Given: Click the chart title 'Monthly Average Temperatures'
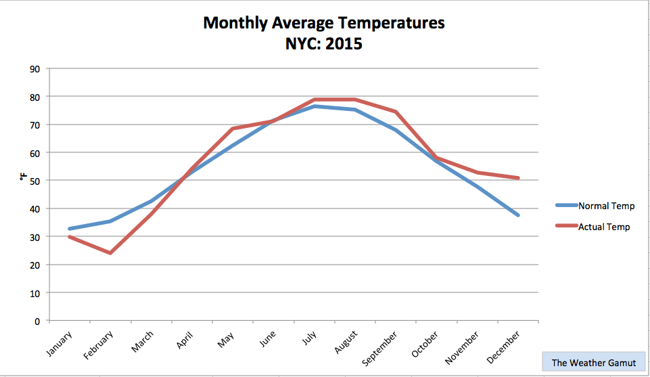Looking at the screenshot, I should point(324,23).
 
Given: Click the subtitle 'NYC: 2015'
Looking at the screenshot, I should point(324,44).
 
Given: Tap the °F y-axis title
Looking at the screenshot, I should point(24,177).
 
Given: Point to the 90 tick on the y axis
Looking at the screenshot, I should point(34,68).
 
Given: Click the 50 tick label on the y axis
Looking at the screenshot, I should point(34,181).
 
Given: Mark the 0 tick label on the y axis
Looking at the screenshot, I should point(37,321).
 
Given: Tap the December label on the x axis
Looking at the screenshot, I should point(505,346).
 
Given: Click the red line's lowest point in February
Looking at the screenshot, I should point(110,253).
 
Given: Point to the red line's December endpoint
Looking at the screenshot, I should point(518,178).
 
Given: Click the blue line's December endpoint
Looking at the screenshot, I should point(518,215).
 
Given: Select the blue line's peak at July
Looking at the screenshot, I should point(315,106).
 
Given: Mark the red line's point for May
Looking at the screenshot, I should point(233,129).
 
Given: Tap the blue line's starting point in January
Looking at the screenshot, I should point(70,229).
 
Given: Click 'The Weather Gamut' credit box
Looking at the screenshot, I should point(593,363).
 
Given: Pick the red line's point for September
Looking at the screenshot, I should point(396,112).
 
